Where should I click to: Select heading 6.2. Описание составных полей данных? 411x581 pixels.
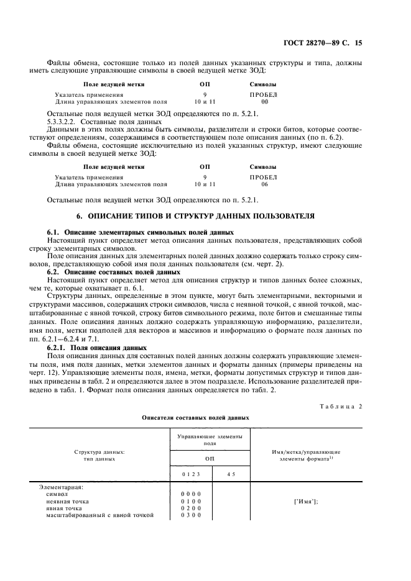click(x=114, y=272)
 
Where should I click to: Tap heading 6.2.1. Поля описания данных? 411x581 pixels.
click(x=97, y=348)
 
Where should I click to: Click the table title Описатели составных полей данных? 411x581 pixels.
click(x=205, y=418)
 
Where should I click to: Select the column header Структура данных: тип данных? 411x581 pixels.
click(x=99, y=456)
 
